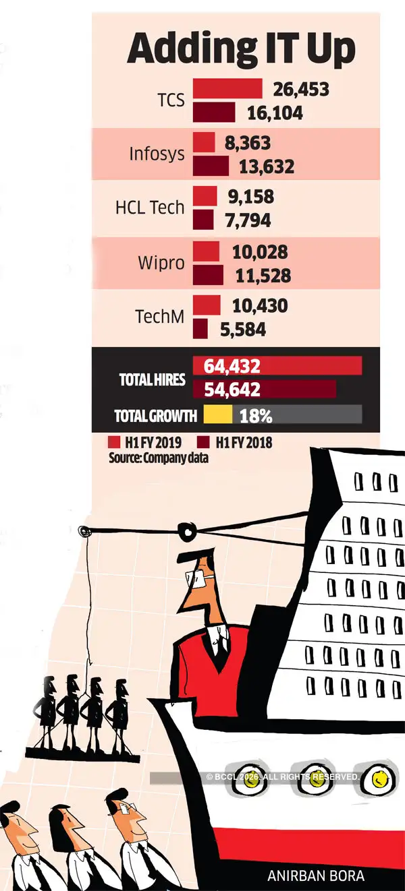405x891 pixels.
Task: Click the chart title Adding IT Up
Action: pos(241,49)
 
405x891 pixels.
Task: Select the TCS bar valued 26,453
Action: pos(227,88)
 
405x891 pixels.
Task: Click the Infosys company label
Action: pos(157,154)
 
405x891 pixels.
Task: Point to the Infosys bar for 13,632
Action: pos(211,165)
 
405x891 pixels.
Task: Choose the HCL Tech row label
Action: pos(149,207)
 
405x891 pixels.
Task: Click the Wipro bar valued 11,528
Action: pos(208,274)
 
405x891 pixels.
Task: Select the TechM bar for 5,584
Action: pos(200,329)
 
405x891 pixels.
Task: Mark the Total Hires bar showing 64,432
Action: pos(277,366)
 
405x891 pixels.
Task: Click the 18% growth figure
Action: pos(256,416)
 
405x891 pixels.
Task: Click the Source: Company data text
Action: pos(158,458)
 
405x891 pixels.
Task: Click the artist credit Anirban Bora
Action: pos(316,877)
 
